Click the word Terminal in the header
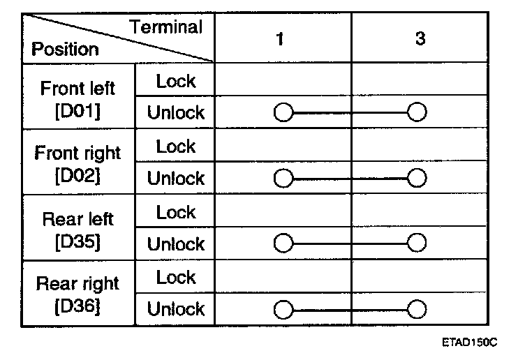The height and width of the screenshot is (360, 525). tap(167, 28)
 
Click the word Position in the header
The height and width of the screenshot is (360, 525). tap(66, 50)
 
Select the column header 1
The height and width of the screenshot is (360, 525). tap(279, 40)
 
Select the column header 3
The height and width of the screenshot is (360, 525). tap(420, 40)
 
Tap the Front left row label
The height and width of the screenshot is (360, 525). tap(77, 89)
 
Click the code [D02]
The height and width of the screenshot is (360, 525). tap(77, 175)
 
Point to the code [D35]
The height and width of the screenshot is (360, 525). tap(77, 241)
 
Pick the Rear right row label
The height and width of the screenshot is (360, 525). tap(77, 284)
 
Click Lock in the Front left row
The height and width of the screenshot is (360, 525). tap(176, 81)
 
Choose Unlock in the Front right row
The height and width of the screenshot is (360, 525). tap(176, 179)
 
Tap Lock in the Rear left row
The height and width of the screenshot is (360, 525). tap(176, 212)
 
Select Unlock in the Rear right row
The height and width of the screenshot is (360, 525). tap(176, 309)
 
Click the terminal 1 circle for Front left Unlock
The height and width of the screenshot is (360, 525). tap(283, 112)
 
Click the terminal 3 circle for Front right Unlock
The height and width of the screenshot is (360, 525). tap(417, 178)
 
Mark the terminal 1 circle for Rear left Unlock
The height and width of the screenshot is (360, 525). tap(283, 243)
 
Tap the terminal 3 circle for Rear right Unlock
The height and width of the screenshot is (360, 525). tap(417, 309)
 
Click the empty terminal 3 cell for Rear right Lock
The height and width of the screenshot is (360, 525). tap(420, 278)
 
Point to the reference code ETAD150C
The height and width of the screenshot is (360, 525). tap(469, 344)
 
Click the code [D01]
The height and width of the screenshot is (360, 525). tap(77, 110)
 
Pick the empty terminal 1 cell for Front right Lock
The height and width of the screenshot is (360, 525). tap(282, 147)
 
